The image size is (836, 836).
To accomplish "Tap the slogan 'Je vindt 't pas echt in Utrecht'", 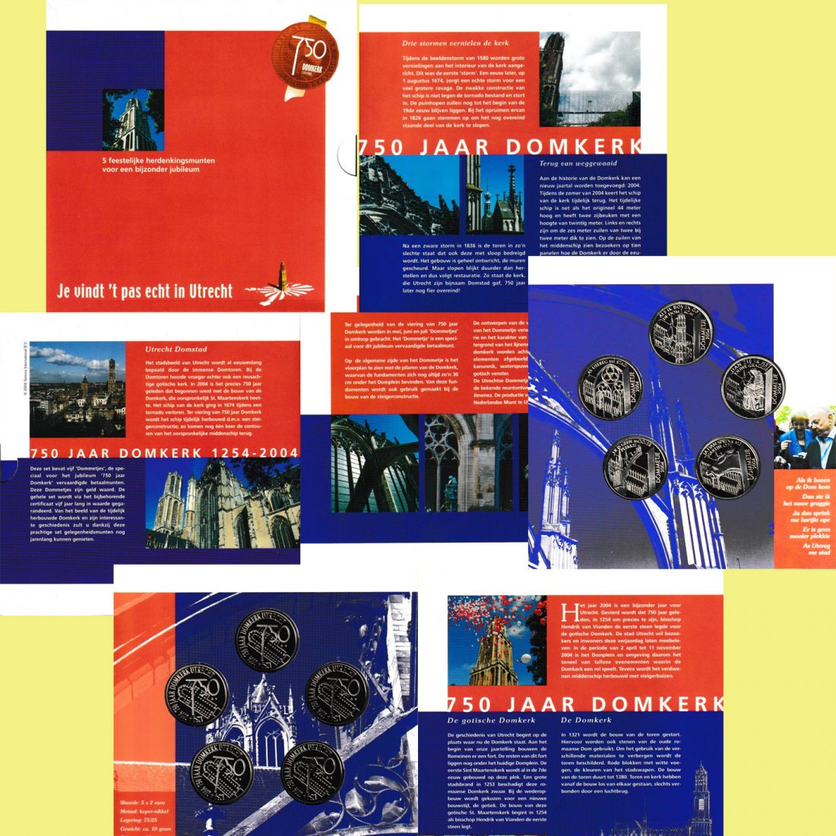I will point(144,290).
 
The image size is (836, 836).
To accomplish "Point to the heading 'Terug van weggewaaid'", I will point(578,163).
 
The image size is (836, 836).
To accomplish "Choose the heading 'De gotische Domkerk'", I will point(491,720).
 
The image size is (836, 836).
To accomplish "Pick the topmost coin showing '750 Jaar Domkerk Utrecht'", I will point(267,639).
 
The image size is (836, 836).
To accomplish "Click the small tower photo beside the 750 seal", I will point(133,120).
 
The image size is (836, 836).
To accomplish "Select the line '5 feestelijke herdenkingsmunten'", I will point(159,160).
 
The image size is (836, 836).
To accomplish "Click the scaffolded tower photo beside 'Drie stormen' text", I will point(590,79).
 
